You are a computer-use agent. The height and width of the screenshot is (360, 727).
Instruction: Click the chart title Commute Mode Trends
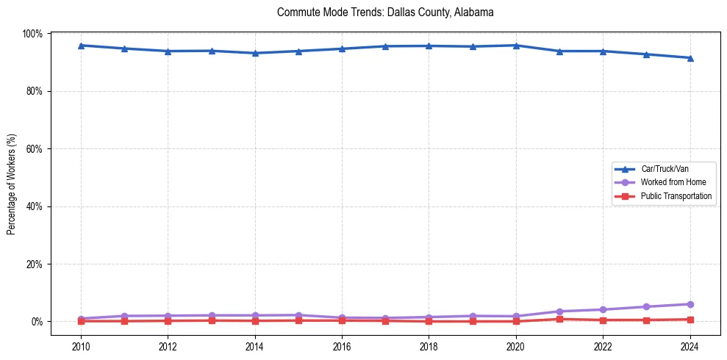(x=385, y=12)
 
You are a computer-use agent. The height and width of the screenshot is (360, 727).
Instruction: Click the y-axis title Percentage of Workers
(x=12, y=176)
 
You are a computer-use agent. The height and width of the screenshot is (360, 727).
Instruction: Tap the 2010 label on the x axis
(x=81, y=346)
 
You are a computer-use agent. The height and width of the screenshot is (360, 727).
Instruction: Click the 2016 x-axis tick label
(x=342, y=346)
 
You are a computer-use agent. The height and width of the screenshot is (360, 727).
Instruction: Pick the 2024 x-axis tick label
(x=690, y=346)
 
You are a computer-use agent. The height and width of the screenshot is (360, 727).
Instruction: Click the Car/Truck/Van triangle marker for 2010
(x=81, y=46)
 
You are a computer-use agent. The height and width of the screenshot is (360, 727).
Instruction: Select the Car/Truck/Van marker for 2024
(x=690, y=58)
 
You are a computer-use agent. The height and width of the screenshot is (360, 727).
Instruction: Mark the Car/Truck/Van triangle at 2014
(x=255, y=53)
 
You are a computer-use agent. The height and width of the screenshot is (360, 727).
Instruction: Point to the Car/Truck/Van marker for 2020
(x=516, y=46)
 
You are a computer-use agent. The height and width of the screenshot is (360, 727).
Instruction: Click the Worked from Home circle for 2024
(x=690, y=304)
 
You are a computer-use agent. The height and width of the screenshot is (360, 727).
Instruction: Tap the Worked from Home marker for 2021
(x=559, y=312)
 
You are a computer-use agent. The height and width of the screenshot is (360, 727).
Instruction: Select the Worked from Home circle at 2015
(x=298, y=315)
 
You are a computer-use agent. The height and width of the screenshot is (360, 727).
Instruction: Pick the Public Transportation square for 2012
(x=168, y=320)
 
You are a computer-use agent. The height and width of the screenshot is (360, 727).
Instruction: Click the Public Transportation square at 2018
(x=429, y=321)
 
